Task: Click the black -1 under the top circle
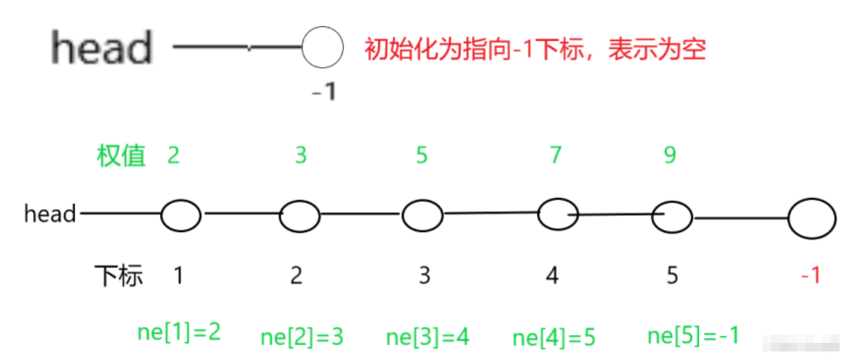click(323, 92)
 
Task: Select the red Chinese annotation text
click(535, 49)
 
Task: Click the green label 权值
click(121, 155)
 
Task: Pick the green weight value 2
click(173, 155)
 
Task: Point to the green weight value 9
click(669, 155)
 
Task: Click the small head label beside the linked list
click(50, 214)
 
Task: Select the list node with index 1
click(181, 215)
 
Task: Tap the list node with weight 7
click(558, 214)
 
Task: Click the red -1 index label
click(810, 275)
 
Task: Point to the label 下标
click(119, 275)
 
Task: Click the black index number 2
click(297, 275)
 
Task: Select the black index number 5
click(672, 275)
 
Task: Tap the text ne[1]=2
click(178, 331)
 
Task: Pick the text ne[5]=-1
click(693, 334)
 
